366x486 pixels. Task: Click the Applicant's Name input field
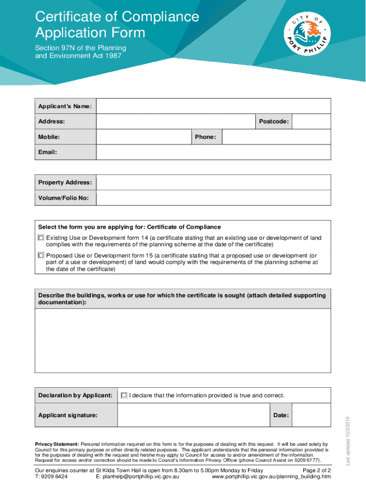point(213,106)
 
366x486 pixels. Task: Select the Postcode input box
point(311,121)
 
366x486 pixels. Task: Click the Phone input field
point(276,137)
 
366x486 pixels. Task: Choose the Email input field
point(213,152)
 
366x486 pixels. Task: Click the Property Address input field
point(213,183)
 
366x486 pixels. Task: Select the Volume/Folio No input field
point(213,198)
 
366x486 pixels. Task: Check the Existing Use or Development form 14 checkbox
point(41,237)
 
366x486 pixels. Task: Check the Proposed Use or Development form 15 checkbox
point(41,255)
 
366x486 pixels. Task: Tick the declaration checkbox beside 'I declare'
point(124,395)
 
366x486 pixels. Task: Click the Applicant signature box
point(193,415)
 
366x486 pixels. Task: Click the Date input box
point(311,415)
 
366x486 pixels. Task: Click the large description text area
point(183,341)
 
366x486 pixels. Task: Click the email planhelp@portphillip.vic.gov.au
point(137,477)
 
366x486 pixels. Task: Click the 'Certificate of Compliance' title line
point(117,17)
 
